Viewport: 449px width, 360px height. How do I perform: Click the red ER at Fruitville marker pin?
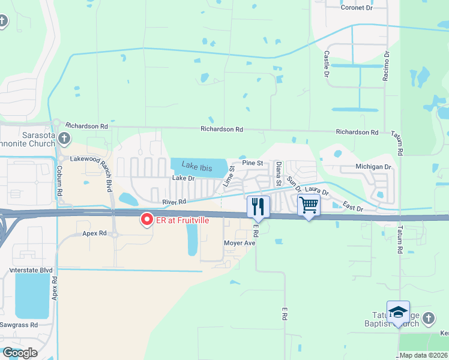[146, 220]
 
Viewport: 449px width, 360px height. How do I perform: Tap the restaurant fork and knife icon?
[258, 206]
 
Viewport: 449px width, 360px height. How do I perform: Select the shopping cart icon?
[309, 205]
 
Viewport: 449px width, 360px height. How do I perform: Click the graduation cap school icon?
[398, 312]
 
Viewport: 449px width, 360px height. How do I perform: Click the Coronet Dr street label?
[357, 8]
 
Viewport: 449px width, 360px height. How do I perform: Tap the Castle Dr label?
[327, 64]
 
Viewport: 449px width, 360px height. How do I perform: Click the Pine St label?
[252, 163]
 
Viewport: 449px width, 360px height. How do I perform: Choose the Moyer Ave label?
[240, 243]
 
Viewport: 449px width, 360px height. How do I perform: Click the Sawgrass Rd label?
[22, 325]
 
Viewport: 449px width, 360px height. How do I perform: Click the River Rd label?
[174, 202]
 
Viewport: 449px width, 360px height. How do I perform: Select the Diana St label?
[279, 173]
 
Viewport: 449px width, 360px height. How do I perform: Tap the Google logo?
[20, 353]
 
